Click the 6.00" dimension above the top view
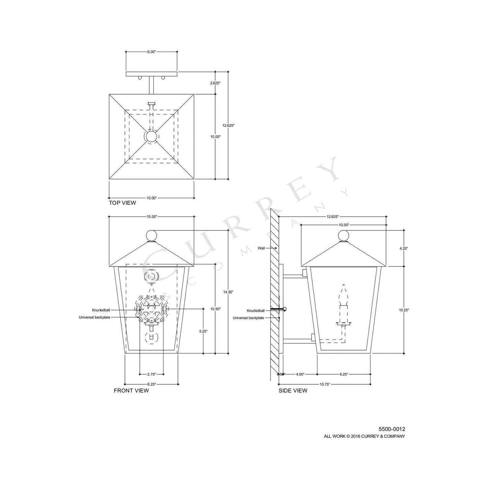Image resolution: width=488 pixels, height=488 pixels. tap(151, 52)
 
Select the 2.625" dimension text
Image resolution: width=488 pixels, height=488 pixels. tap(215, 83)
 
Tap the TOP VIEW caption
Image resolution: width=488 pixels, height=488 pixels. tap(122, 203)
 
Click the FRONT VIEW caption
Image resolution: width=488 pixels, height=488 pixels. tap(131, 391)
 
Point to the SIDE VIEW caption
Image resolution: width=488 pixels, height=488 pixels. tap(293, 391)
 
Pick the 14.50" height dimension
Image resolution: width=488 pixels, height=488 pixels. tap(228, 292)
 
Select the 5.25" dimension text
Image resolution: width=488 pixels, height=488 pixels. tap(203, 331)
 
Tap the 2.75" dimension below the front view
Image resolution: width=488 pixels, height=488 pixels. tap(152, 374)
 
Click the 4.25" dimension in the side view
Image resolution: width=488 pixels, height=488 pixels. tap(404, 248)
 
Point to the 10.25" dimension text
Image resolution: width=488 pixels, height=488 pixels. tap(404, 310)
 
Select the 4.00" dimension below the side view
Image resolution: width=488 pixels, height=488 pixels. tap(300, 374)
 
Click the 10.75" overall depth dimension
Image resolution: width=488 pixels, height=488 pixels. tap(325, 384)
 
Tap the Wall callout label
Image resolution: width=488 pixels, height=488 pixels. tap(261, 248)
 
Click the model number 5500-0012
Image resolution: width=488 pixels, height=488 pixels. tap(392, 429)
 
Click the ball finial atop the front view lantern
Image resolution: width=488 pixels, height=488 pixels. tap(152, 236)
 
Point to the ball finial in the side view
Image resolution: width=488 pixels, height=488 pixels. tap(343, 236)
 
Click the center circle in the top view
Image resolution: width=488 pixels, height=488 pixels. tap(151, 136)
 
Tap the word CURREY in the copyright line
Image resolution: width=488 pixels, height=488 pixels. tap(373, 436)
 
